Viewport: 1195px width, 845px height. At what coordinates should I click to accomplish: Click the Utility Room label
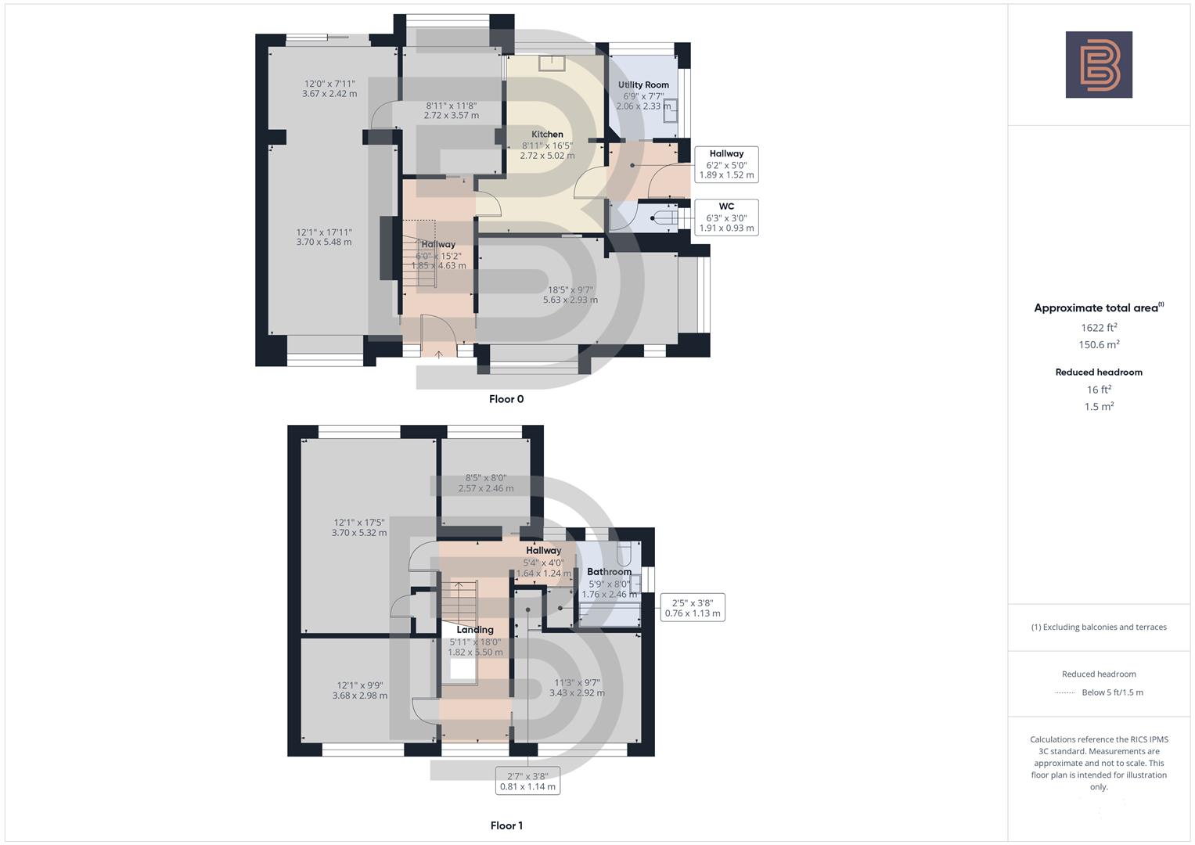[643, 84]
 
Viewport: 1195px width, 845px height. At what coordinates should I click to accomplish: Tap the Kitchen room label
[547, 134]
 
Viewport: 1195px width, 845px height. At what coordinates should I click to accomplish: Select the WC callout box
[726, 218]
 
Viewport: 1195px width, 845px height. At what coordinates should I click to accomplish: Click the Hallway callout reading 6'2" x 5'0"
[726, 164]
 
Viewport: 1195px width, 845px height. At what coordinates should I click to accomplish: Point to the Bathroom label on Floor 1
[609, 572]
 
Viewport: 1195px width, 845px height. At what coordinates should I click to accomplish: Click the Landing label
[475, 630]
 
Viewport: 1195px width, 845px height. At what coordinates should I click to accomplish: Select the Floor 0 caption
[506, 399]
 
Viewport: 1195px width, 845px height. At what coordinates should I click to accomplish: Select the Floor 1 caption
[506, 825]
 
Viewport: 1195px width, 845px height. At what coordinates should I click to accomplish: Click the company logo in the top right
[1099, 65]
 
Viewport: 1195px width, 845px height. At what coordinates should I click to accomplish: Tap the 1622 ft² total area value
[1099, 328]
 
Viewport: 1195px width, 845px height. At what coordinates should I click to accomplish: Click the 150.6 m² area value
[1099, 345]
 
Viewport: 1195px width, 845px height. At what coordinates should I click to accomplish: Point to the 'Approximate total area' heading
[1099, 308]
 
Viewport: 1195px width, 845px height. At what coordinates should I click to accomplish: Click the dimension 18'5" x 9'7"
[571, 295]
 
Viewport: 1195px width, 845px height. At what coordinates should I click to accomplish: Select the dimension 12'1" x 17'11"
[324, 237]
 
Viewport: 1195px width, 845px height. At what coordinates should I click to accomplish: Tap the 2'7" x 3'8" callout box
[528, 782]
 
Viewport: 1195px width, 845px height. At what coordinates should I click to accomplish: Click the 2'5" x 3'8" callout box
[693, 608]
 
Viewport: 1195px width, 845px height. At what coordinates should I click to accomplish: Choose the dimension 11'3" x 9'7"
[577, 687]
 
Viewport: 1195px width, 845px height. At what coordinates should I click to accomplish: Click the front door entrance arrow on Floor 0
[439, 354]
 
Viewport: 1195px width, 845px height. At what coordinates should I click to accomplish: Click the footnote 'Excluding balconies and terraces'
[1099, 627]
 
